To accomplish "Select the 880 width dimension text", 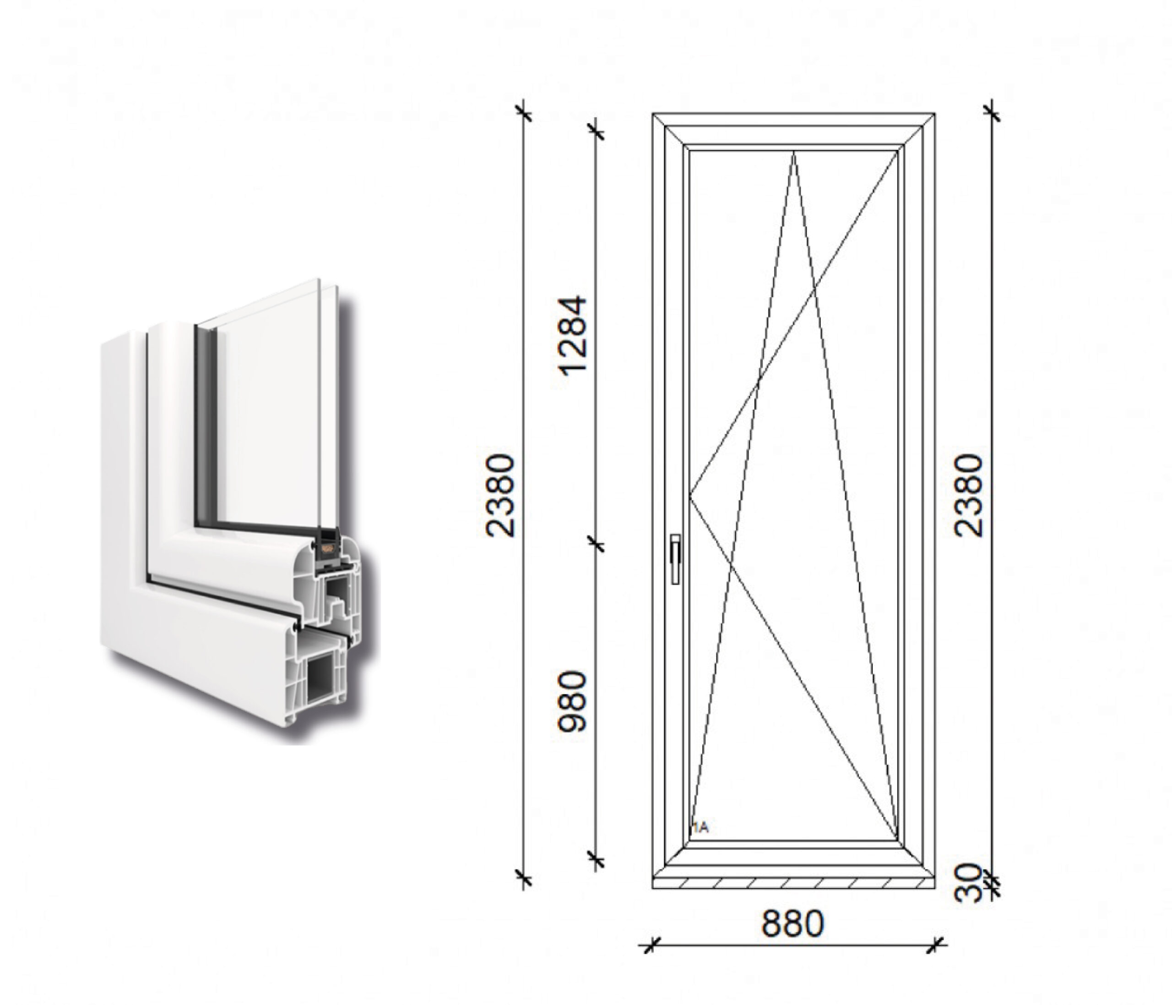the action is pyautogui.click(x=792, y=924).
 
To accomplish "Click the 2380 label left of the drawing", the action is pyautogui.click(x=500, y=495).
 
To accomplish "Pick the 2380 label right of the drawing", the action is pyautogui.click(x=968, y=495).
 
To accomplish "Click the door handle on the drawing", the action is pyautogui.click(x=675, y=558).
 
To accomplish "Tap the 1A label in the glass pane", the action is pyautogui.click(x=700, y=828).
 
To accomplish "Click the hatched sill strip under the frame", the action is pyautogui.click(x=793, y=883).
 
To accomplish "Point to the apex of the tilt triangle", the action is pyautogui.click(x=793, y=151).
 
